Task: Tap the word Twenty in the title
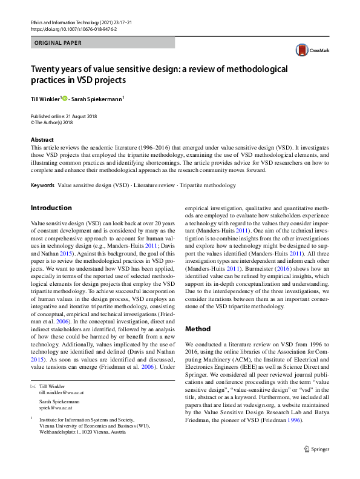[x=47, y=69]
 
